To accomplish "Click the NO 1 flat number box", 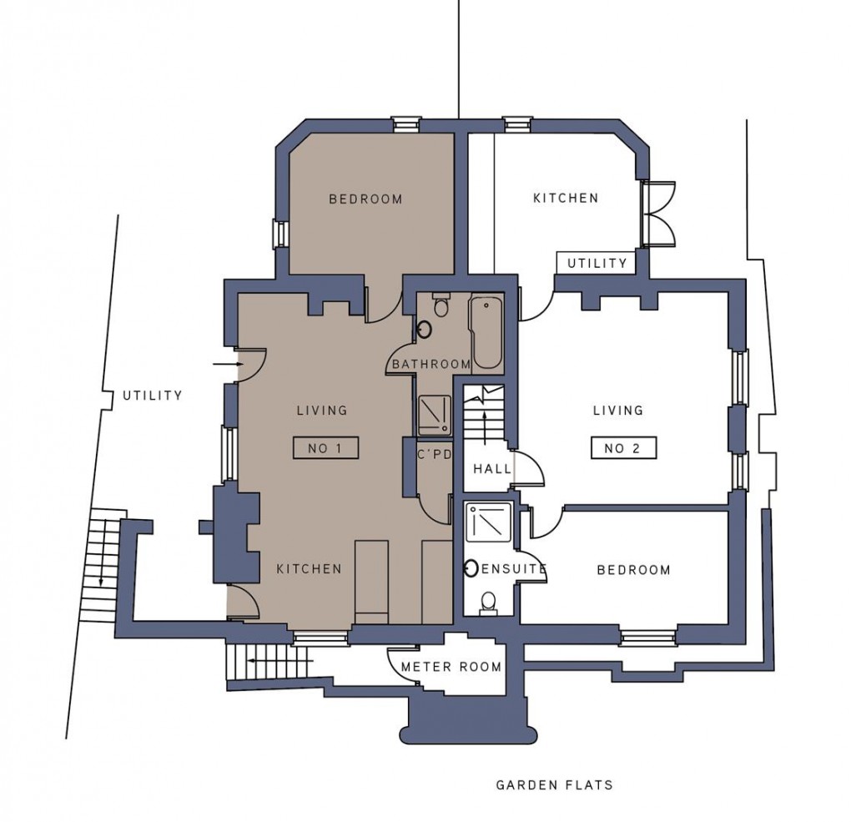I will pos(325,448).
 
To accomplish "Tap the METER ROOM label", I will pos(451,667).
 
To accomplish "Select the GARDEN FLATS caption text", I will pos(554,784).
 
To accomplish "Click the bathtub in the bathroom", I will pos(486,332).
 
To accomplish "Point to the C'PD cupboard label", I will pos(434,455).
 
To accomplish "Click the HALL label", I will pos(492,469).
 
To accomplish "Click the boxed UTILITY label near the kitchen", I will pos(597,263).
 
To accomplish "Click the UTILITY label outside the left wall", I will pos(152,396).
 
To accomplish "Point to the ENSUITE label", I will pos(514,569).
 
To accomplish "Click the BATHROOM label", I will pos(431,364).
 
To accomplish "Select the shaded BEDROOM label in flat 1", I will pos(365,199).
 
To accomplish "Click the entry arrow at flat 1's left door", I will pos(223,364).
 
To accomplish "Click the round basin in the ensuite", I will pos(471,568).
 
